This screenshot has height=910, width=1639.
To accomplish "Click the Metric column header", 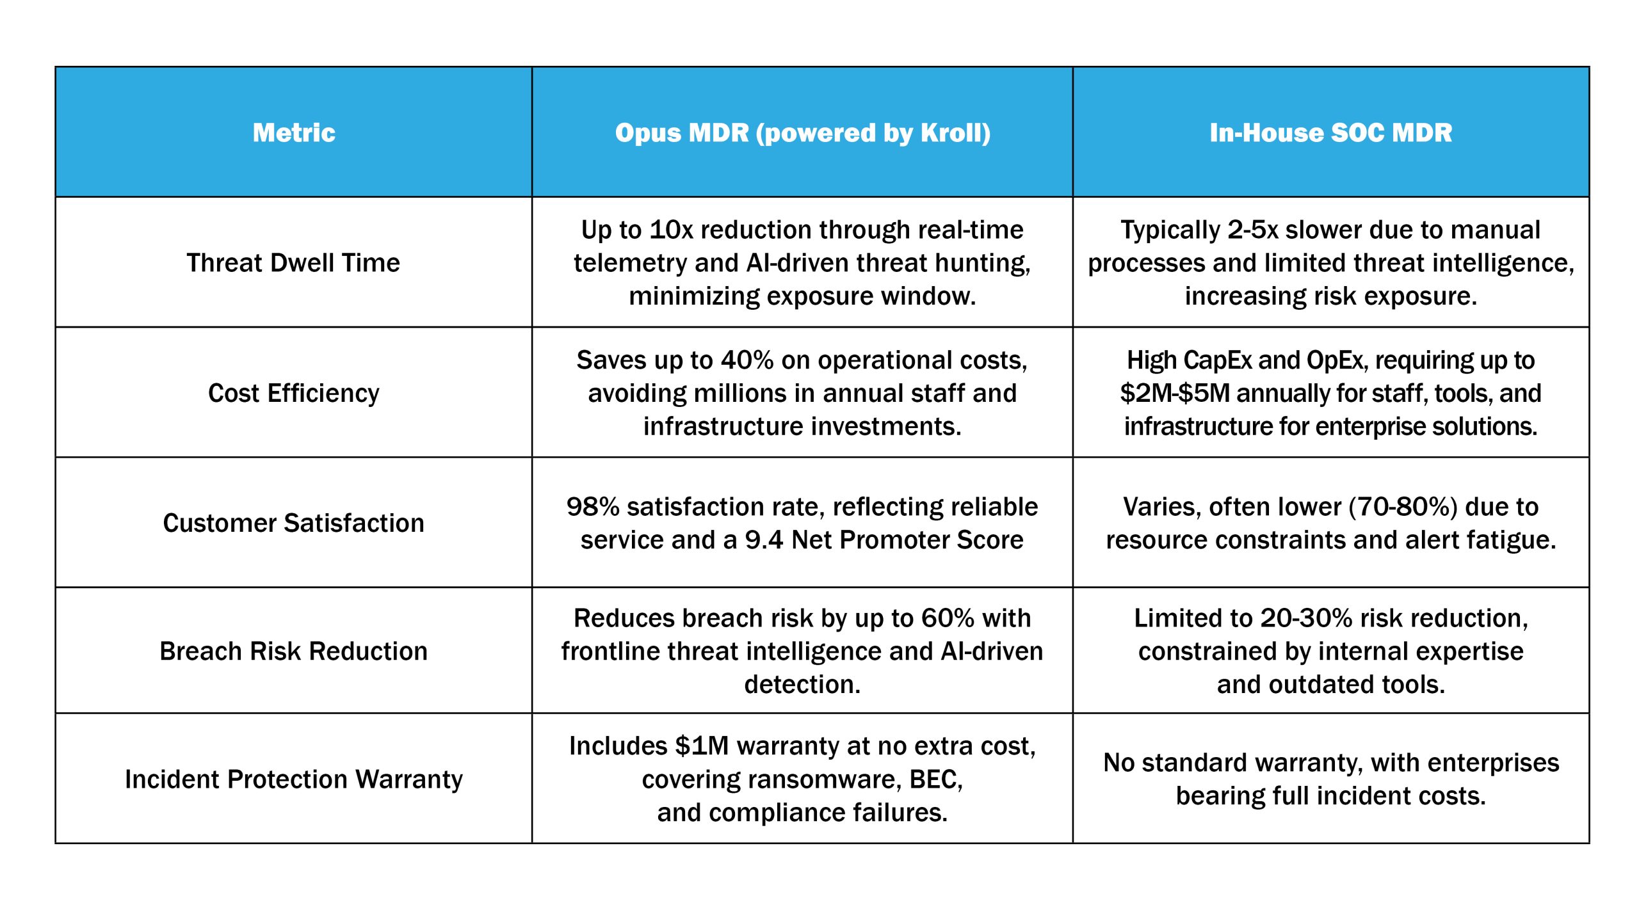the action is pos(294,132).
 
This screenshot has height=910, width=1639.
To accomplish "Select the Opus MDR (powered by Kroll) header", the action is pos(803,133).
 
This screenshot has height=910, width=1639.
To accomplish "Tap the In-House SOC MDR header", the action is pos(1331,132).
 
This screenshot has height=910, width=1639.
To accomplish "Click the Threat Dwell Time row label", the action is pos(293,263).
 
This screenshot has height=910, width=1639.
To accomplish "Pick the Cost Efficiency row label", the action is pos(294,393).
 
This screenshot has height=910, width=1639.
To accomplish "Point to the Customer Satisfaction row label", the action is pos(294,523).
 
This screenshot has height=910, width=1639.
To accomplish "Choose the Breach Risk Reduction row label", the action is pos(294,651).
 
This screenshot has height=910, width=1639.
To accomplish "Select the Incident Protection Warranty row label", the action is pos(294,779).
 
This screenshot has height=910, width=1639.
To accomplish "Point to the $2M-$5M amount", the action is pos(1175,393).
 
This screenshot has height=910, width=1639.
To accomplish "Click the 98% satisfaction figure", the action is pos(593,507).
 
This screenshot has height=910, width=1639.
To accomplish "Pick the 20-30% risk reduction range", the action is pos(1306,618).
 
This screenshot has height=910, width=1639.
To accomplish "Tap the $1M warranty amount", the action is pos(702,746).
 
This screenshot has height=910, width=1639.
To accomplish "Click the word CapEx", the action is pos(1218,360).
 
